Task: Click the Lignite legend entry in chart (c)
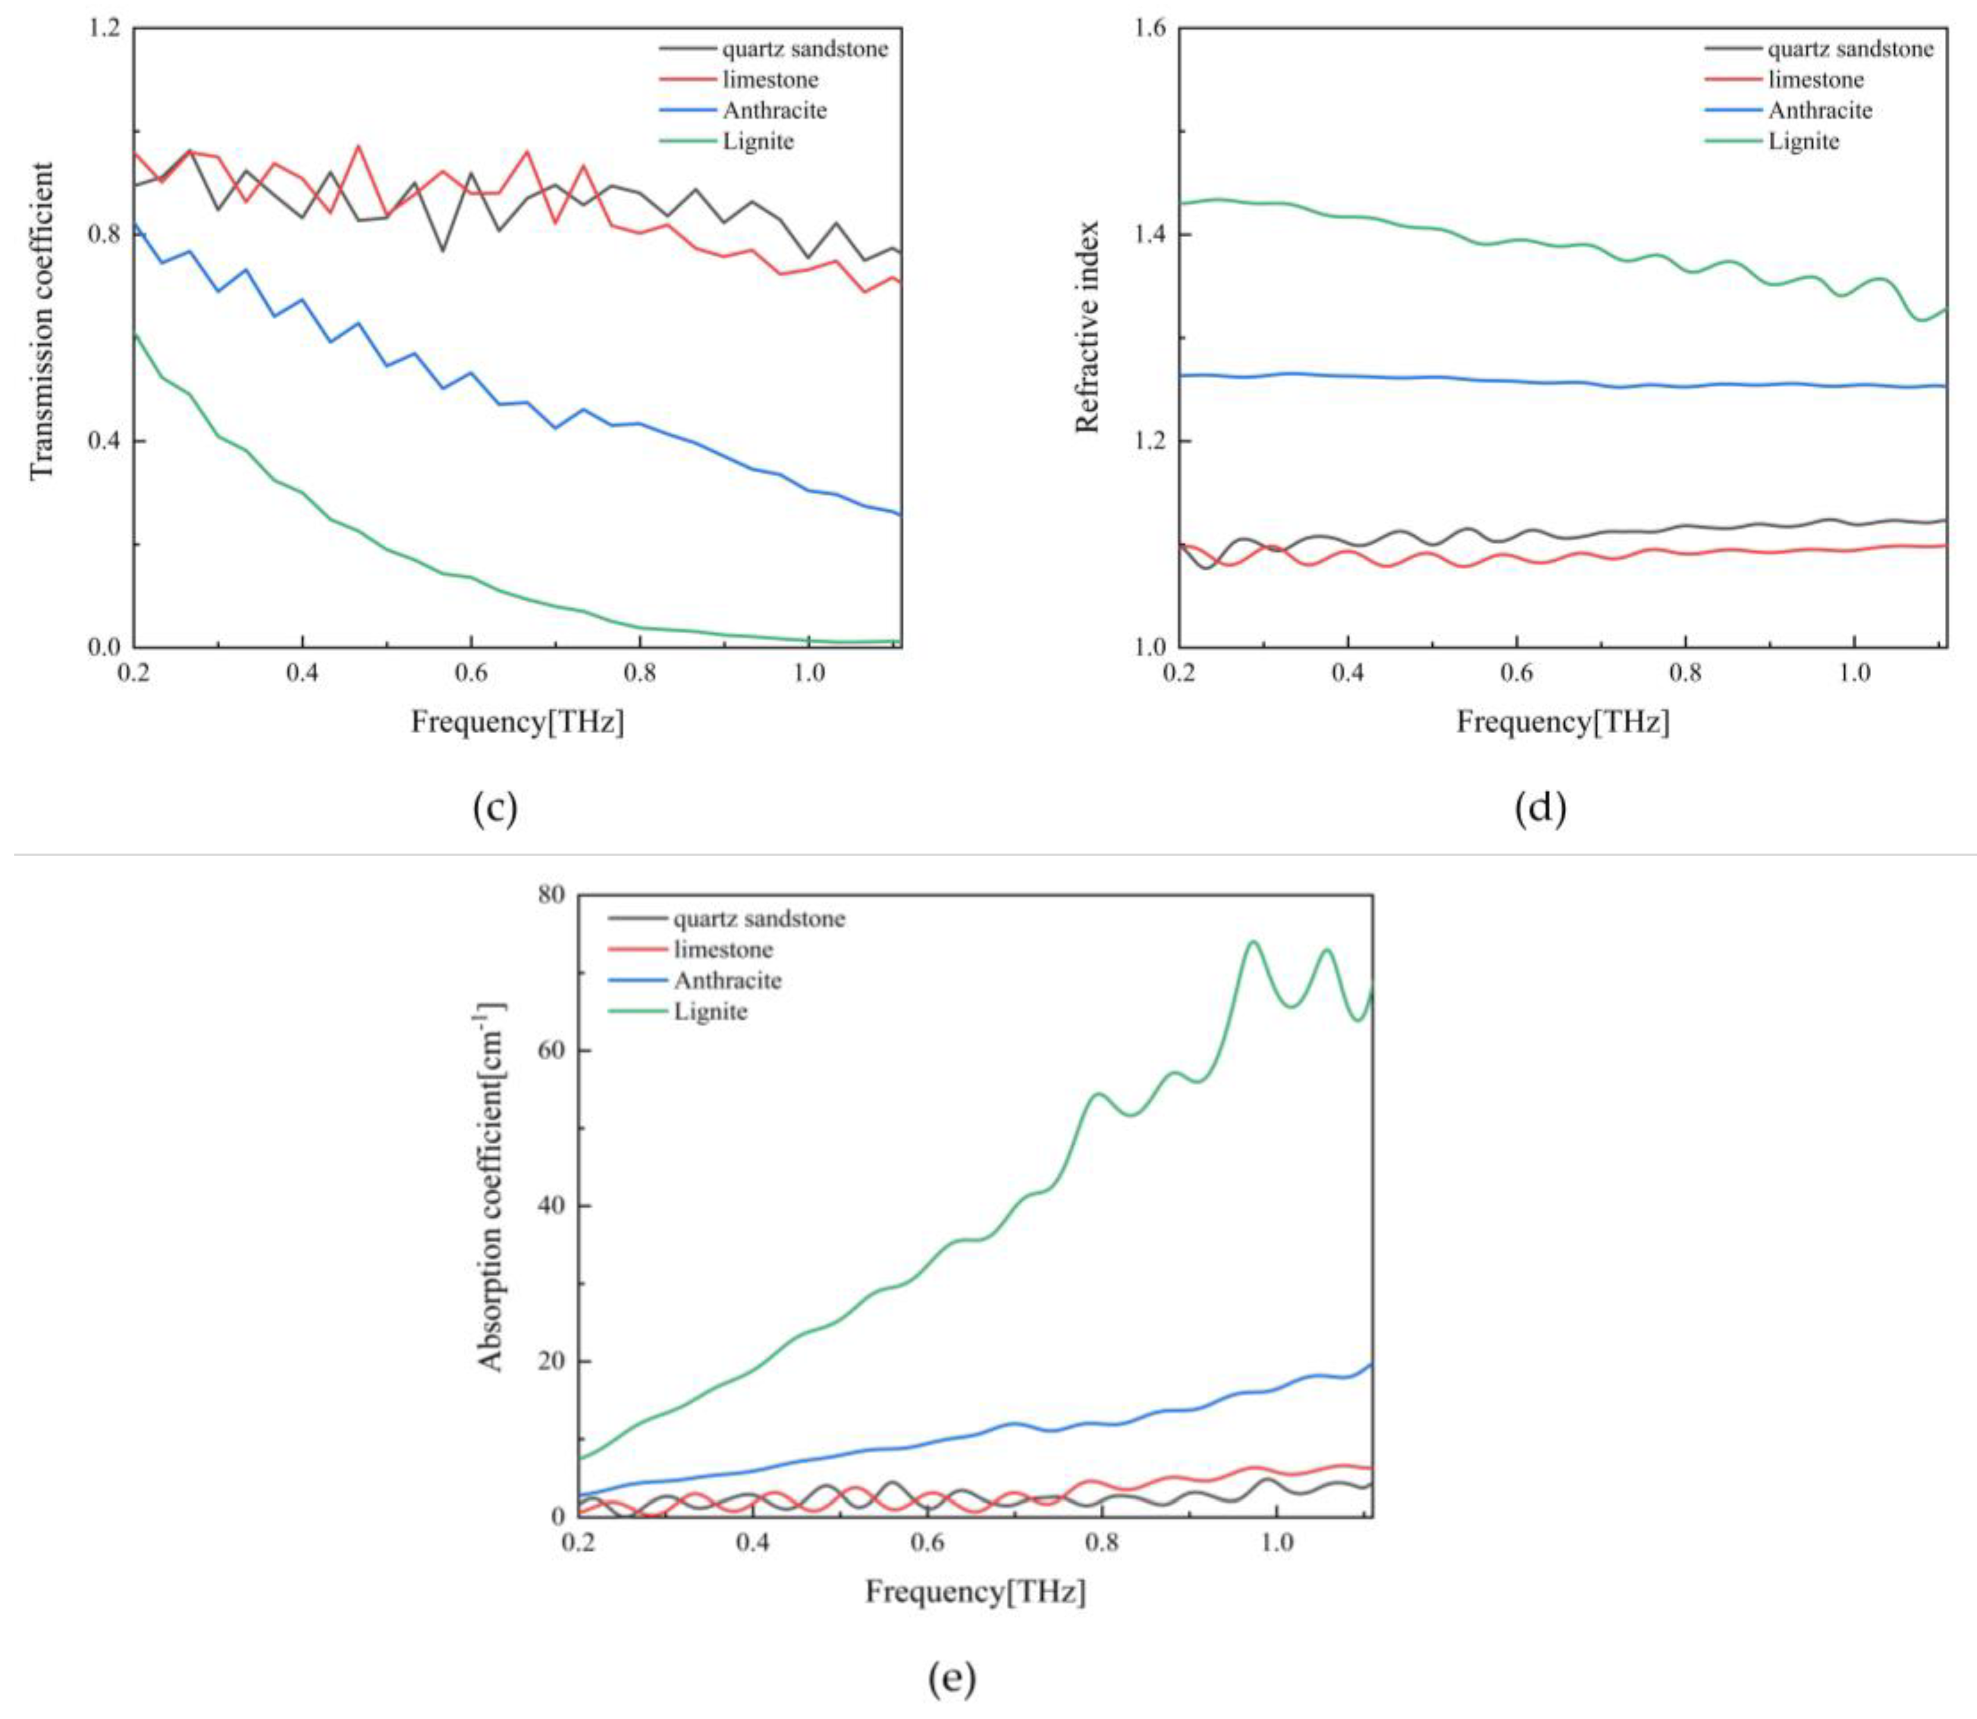pos(758,141)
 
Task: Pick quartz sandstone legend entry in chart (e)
pos(758,919)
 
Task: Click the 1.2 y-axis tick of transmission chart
pos(105,29)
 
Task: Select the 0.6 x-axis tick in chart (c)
pos(470,671)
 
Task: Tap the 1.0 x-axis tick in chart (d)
pos(1854,671)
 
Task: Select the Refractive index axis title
pos(1087,327)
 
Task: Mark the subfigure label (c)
pos(495,809)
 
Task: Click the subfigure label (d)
pos(1540,809)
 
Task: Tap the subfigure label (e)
pos(952,1679)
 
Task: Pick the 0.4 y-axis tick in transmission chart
pos(105,441)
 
